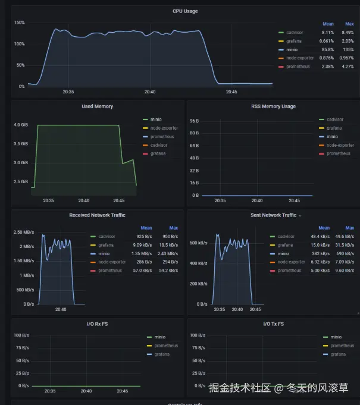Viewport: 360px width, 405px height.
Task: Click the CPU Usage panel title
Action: [x=185, y=11]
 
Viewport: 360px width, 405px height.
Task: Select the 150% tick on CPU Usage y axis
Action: [x=19, y=23]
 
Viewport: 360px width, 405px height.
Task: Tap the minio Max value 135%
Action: [x=348, y=49]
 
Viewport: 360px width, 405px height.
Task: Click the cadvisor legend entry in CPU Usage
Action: [x=295, y=32]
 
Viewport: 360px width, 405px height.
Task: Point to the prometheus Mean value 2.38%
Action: [x=328, y=66]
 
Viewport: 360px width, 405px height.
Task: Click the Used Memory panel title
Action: [x=97, y=106]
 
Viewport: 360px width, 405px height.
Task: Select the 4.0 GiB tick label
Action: [x=21, y=125]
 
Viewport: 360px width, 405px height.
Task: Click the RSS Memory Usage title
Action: [x=273, y=106]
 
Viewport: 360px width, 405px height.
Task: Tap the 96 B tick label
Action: [x=194, y=121]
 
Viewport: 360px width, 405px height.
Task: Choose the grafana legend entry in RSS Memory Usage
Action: [x=334, y=128]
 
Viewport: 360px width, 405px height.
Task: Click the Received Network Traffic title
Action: [x=97, y=215]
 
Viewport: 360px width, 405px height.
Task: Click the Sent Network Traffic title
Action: [x=273, y=215]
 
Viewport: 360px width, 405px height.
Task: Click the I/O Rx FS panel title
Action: [x=97, y=324]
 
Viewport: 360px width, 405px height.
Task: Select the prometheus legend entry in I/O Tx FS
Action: [x=342, y=346]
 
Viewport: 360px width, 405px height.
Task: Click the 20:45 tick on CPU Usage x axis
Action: [x=231, y=92]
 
